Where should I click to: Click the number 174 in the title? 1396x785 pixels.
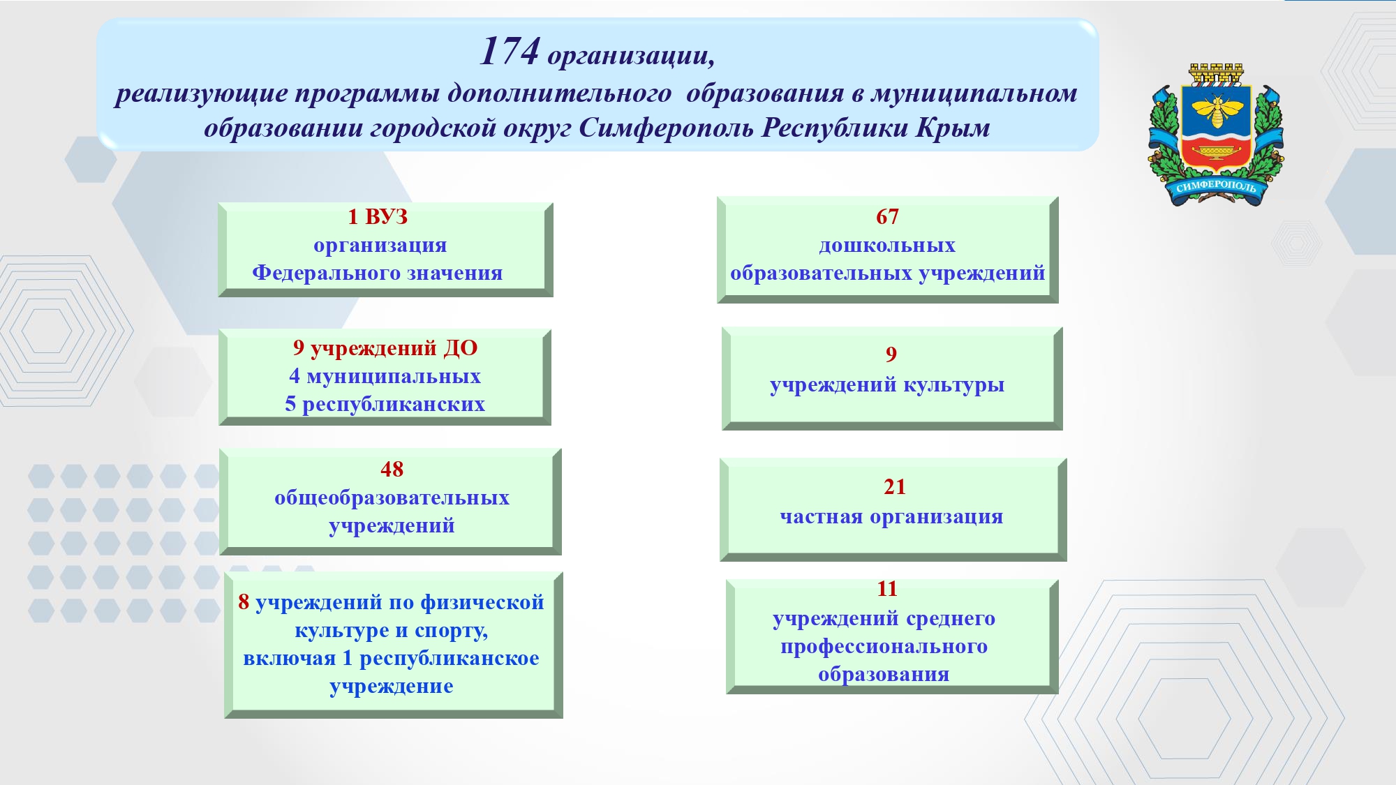(x=510, y=51)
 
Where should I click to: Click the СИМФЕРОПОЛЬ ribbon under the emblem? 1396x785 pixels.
(x=1216, y=187)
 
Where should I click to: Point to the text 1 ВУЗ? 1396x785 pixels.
(x=378, y=217)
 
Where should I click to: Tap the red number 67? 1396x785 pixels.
(x=887, y=217)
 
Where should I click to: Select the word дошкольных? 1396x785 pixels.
(x=887, y=246)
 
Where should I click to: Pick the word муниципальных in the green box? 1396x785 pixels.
(x=394, y=377)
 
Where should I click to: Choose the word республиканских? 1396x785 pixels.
(x=394, y=405)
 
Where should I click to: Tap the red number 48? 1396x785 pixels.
(x=392, y=470)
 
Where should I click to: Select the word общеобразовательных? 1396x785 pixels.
(x=392, y=498)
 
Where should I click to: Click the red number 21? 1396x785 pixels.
(x=894, y=487)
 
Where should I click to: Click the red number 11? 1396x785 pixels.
(x=887, y=589)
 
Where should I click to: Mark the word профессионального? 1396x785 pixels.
(x=884, y=647)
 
